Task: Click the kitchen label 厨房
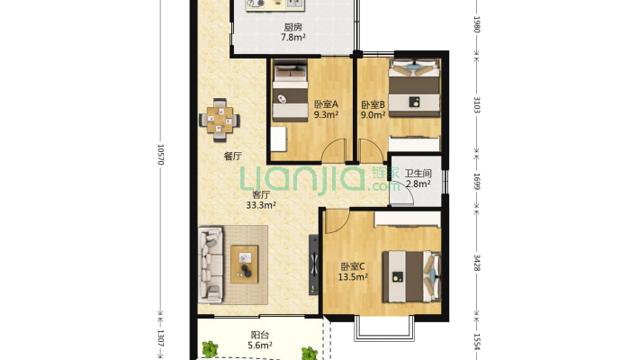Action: pos(292,27)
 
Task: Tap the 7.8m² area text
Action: pos(293,38)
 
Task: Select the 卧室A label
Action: pos(326,104)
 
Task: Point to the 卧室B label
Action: pos(373,104)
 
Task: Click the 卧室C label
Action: pos(353,267)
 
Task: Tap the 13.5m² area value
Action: pos(353,277)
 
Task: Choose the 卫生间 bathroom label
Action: pos(418,174)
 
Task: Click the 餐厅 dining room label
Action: pos(233,156)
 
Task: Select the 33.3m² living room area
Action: pos(261,205)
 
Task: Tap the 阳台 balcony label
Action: pos(260,336)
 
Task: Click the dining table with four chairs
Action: pos(220,120)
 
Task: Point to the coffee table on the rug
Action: pos(245,265)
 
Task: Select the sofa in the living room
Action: pos(211,265)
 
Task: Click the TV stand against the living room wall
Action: pos(313,265)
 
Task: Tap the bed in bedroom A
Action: pos(290,91)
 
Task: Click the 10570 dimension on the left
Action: pos(160,154)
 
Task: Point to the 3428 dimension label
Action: pos(477,263)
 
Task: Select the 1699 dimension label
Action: pos(477,182)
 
